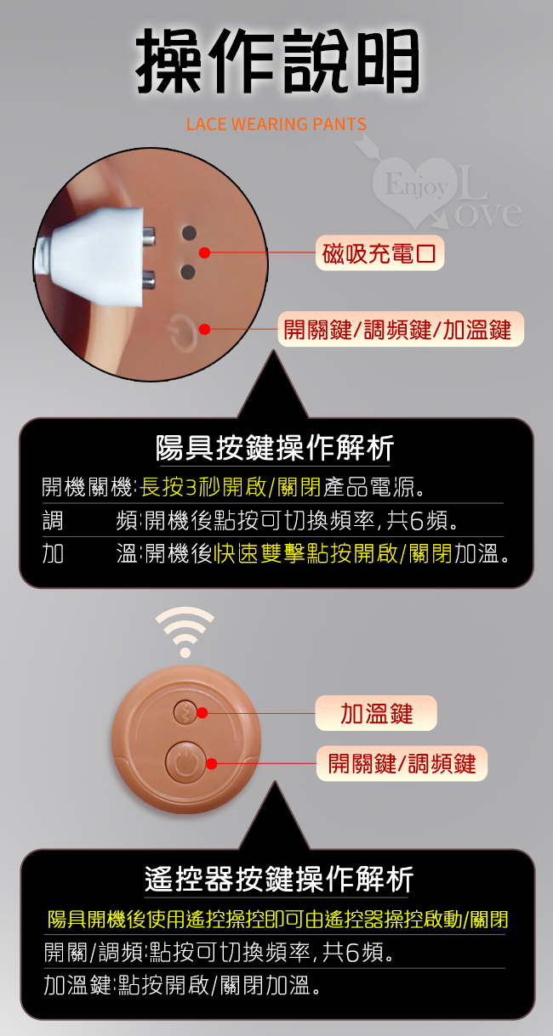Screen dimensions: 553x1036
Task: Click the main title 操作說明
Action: tap(277, 60)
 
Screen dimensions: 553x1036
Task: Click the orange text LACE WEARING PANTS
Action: tap(276, 124)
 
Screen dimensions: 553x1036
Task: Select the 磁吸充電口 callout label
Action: tap(379, 253)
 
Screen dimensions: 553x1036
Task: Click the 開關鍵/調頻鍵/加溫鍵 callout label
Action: tap(401, 329)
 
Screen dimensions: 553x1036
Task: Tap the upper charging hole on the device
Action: tap(189, 233)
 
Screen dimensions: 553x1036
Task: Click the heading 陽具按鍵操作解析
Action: tap(275, 448)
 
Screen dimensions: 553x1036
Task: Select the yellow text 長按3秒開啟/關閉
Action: tap(231, 487)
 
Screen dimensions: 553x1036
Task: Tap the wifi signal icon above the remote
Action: tap(185, 631)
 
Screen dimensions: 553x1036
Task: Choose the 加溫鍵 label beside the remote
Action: tap(376, 713)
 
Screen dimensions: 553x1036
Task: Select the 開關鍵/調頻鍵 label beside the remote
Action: tap(402, 763)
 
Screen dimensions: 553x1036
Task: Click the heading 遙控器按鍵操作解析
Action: tap(279, 880)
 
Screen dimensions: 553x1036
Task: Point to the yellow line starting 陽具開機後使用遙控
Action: tap(278, 920)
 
